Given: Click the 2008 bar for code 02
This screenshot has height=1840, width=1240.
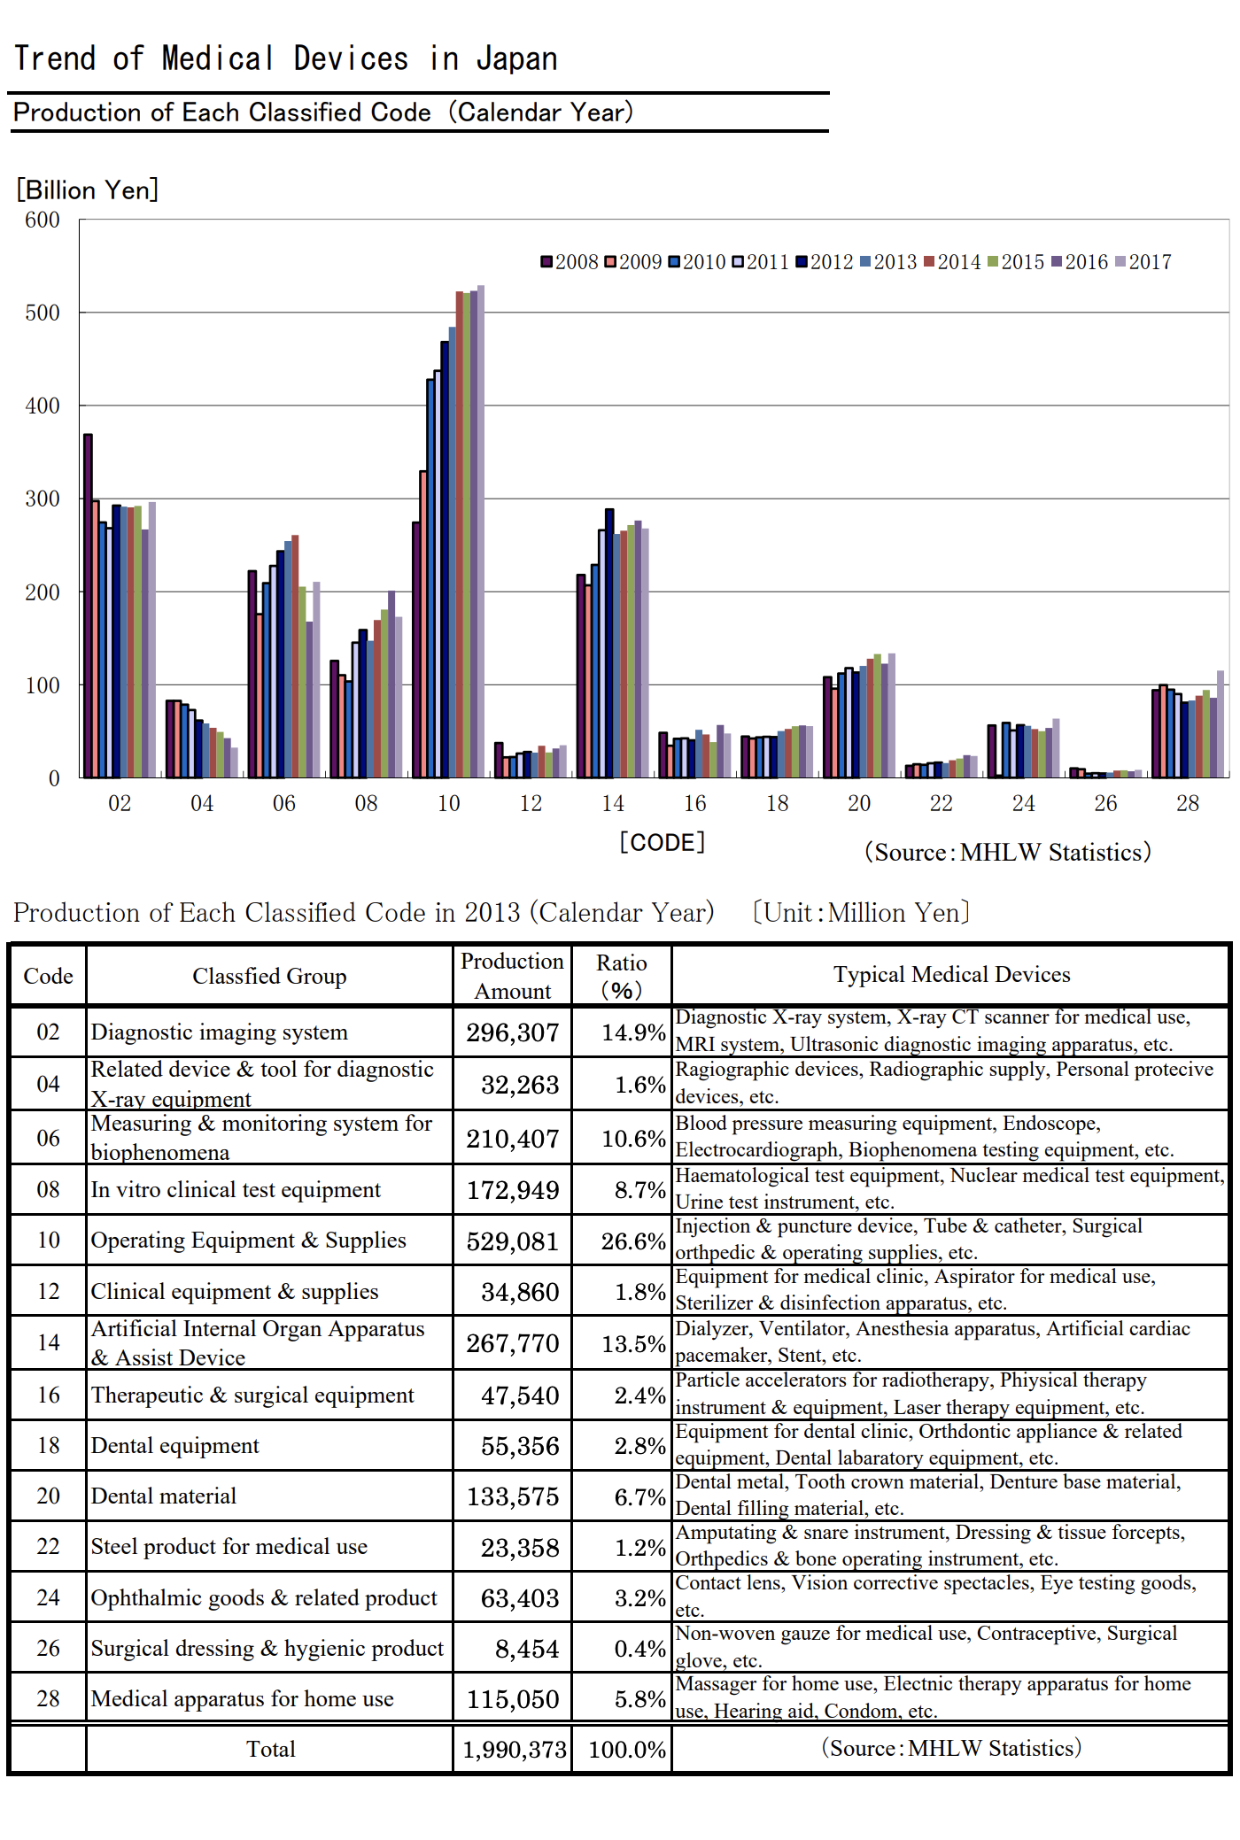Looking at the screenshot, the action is [x=88, y=606].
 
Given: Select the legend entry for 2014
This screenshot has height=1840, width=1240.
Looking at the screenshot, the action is [x=952, y=262].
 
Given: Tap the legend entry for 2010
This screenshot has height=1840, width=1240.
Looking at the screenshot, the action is [x=697, y=262].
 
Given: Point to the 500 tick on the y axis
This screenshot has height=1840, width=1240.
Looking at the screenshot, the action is [x=43, y=313].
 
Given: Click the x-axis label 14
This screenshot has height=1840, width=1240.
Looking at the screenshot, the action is [x=613, y=803].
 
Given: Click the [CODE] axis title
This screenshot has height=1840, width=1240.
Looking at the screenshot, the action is [x=663, y=842].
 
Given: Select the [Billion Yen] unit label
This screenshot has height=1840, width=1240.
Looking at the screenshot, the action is [x=87, y=189].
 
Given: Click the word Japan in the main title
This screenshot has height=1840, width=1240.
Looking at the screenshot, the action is [x=516, y=59].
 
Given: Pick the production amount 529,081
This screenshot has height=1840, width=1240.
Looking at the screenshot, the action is [x=513, y=1241].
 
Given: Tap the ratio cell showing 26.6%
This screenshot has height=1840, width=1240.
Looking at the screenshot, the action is [x=633, y=1241].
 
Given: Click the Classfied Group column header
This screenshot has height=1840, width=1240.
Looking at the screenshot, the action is [x=269, y=976].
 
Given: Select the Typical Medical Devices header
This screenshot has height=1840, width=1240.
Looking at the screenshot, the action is [x=951, y=974].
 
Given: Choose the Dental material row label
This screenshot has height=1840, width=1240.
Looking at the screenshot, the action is [x=164, y=1496].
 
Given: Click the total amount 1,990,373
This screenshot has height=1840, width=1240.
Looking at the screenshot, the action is [x=514, y=1749].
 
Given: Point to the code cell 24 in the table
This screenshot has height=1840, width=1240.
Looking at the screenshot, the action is [x=48, y=1597].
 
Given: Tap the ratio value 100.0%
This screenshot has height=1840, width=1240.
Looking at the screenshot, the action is [x=627, y=1749].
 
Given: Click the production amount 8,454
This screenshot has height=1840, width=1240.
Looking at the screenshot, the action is [x=527, y=1649].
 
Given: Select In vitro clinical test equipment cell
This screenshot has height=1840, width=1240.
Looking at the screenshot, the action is [x=236, y=1189].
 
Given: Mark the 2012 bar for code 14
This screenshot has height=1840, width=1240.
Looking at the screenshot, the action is [x=609, y=644].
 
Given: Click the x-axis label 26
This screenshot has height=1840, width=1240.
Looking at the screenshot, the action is [x=1105, y=803].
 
